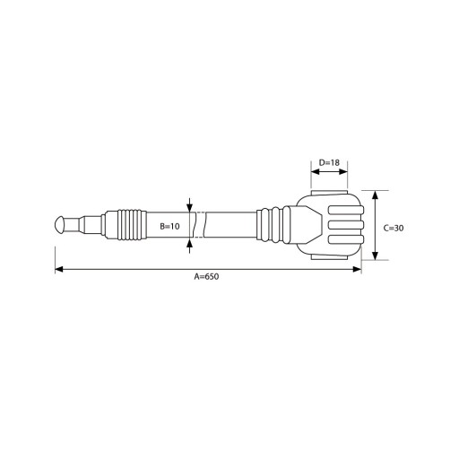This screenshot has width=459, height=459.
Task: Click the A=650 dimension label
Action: (206, 276)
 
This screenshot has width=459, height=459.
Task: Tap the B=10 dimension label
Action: (169, 226)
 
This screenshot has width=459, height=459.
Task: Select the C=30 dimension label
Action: (394, 228)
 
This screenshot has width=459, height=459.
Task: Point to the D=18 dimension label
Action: (329, 162)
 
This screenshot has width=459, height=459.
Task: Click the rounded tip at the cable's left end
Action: (59, 225)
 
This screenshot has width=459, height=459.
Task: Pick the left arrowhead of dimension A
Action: (59, 269)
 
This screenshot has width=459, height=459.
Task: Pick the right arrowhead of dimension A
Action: (358, 269)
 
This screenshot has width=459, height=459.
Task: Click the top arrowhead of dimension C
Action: (376, 195)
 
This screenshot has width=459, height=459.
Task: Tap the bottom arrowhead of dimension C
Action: (376, 255)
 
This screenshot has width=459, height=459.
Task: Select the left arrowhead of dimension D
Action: (315, 172)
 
